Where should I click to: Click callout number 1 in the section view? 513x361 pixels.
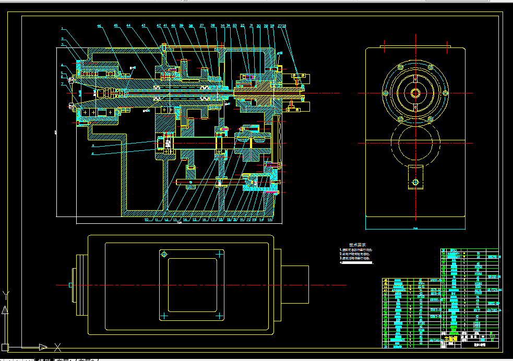click(62, 28)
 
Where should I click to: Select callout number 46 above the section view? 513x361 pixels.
click(99, 26)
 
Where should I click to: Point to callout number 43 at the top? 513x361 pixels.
click(144, 26)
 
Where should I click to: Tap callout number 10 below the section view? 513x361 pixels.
click(147, 220)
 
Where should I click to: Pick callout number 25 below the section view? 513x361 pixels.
click(270, 220)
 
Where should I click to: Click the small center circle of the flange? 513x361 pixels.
click(415, 93)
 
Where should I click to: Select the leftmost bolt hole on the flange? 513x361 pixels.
click(385, 93)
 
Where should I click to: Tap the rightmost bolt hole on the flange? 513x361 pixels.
click(446, 93)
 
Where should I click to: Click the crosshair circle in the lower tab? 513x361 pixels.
click(415, 182)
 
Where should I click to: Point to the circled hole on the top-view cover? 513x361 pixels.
click(164, 254)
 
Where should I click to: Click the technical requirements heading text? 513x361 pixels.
click(357, 245)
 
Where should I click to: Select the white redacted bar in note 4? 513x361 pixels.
click(358, 263)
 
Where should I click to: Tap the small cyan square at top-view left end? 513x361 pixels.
click(70, 285)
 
